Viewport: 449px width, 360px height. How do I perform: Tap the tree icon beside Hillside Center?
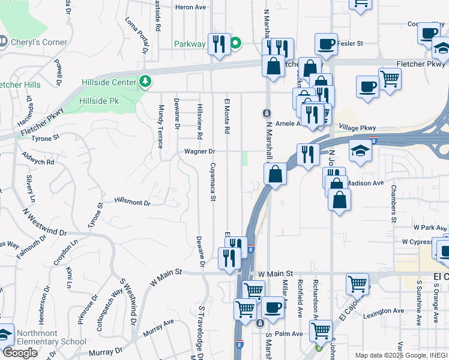tap(144, 81)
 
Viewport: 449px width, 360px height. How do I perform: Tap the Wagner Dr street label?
tap(199, 151)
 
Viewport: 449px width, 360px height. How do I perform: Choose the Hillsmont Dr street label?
tap(132, 202)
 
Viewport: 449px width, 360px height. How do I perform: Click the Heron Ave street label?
tap(190, 8)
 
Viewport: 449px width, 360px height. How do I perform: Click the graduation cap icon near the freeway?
tap(361, 150)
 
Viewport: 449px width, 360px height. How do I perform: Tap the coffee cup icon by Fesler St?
tap(326, 44)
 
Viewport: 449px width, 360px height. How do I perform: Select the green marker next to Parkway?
tap(236, 43)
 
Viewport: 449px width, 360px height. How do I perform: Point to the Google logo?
tap(20, 353)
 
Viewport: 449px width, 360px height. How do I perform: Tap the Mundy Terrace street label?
tap(161, 126)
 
